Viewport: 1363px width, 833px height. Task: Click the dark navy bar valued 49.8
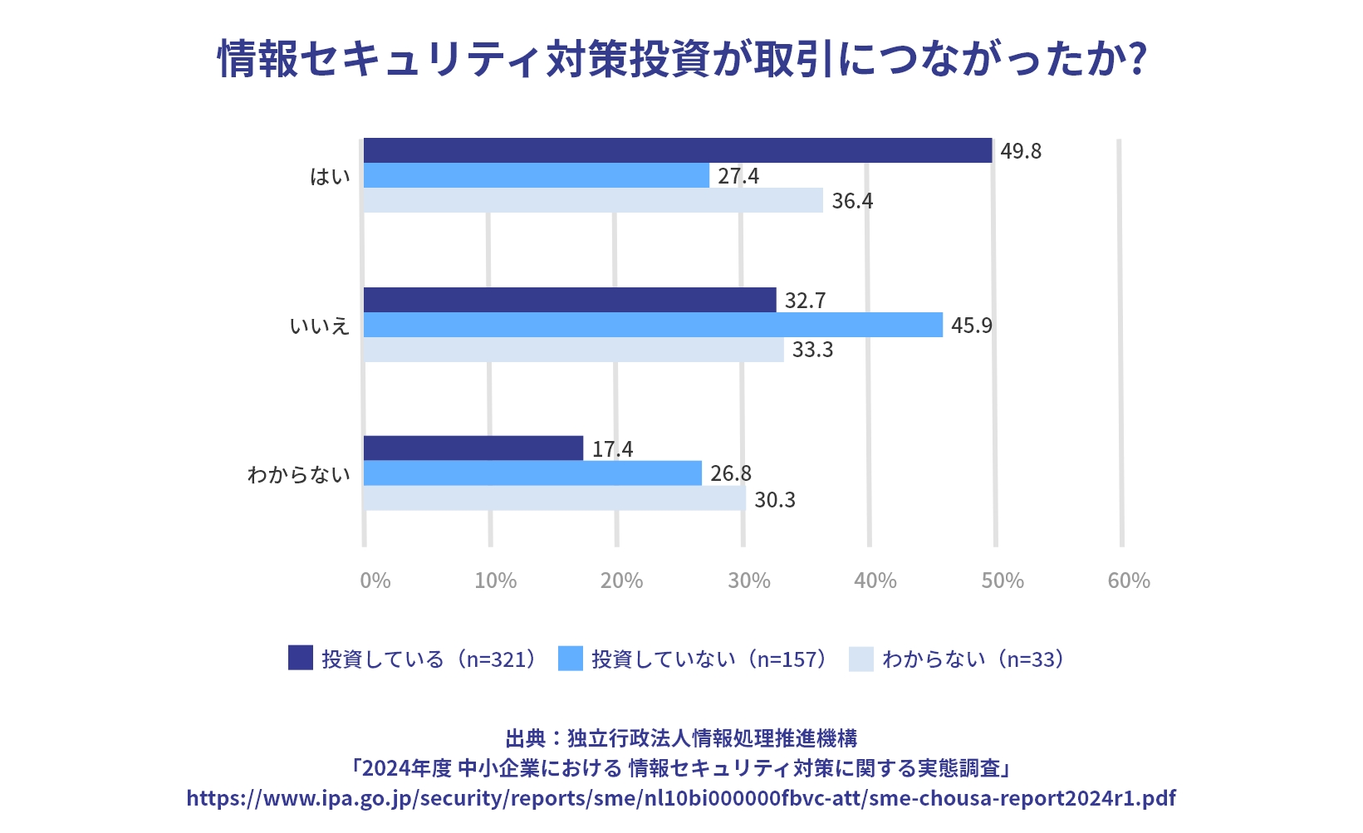pyautogui.click(x=678, y=150)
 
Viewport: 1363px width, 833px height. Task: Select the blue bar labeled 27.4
pyautogui.click(x=537, y=175)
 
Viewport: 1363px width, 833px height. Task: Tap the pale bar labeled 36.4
pyautogui.click(x=593, y=200)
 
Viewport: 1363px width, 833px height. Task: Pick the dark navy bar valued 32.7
pyautogui.click(x=570, y=300)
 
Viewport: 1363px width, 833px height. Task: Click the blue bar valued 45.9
pyautogui.click(x=653, y=325)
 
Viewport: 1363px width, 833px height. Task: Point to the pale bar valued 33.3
pyautogui.click(x=573, y=350)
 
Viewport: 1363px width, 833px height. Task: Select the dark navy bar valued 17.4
pyautogui.click(x=473, y=448)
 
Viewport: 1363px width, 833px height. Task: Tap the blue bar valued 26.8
pyautogui.click(x=532, y=473)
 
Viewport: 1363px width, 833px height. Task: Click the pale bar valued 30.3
pyautogui.click(x=555, y=498)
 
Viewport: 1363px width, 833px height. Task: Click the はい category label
pyautogui.click(x=330, y=176)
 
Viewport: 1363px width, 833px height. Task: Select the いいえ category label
pyautogui.click(x=320, y=326)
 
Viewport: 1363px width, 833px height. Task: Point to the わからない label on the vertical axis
pyautogui.click(x=299, y=474)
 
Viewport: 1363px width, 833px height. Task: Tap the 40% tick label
pyautogui.click(x=875, y=581)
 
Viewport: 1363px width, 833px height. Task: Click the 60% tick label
pyautogui.click(x=1129, y=581)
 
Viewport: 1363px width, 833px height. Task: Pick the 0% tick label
pyautogui.click(x=375, y=581)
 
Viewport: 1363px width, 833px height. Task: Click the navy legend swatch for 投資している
pyautogui.click(x=301, y=658)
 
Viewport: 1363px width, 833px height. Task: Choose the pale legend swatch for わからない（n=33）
pyautogui.click(x=861, y=659)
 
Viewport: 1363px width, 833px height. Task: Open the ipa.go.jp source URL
pyautogui.click(x=681, y=798)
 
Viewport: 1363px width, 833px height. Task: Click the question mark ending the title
pyautogui.click(x=1139, y=58)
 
